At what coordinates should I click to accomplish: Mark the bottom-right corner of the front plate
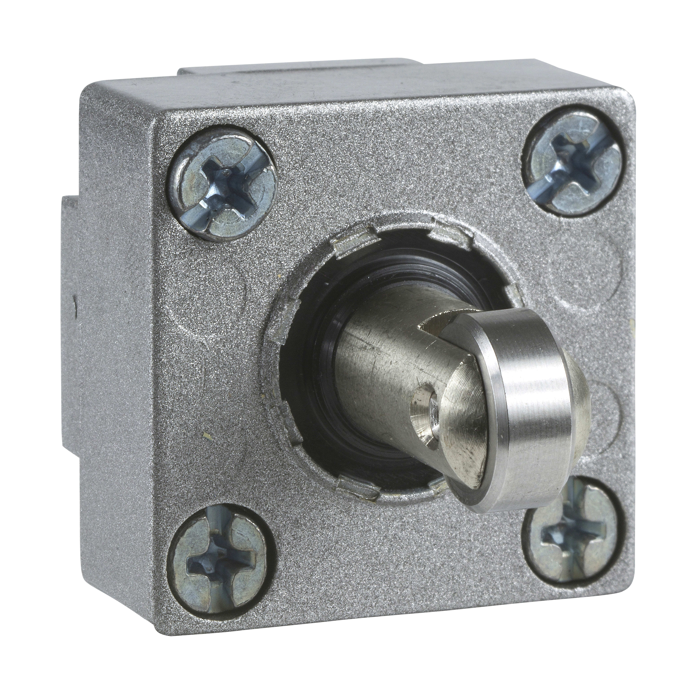click(x=610, y=592)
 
